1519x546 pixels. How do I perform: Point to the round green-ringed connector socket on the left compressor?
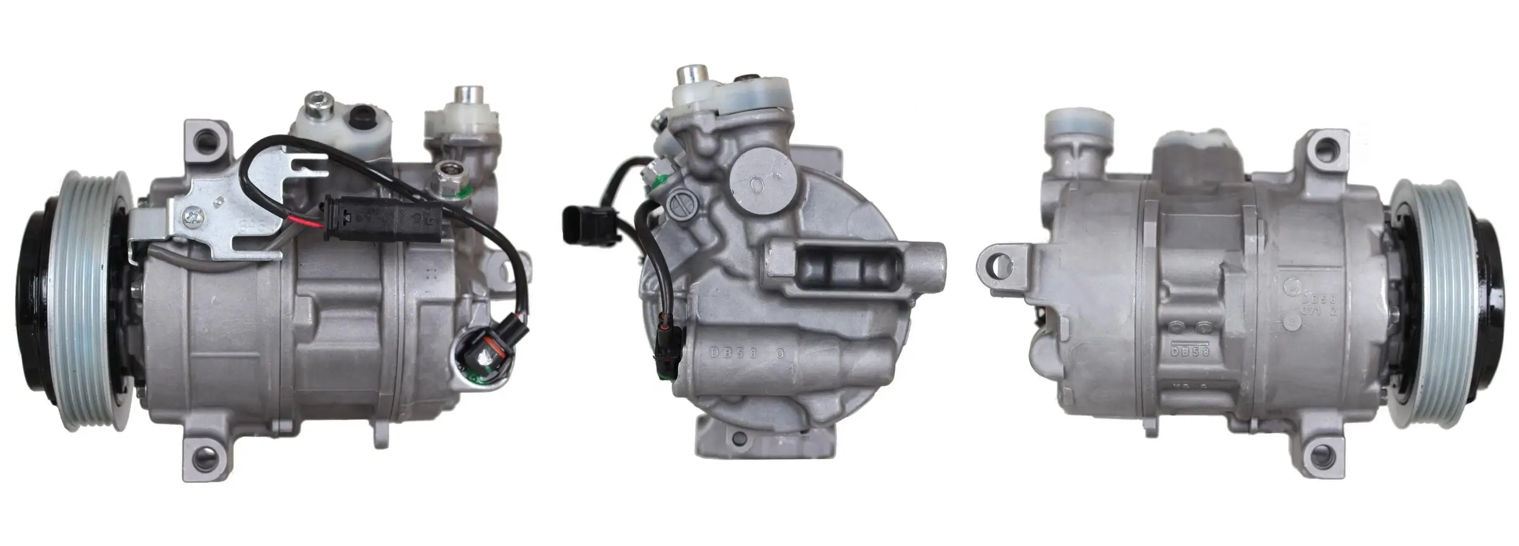(x=480, y=360)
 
